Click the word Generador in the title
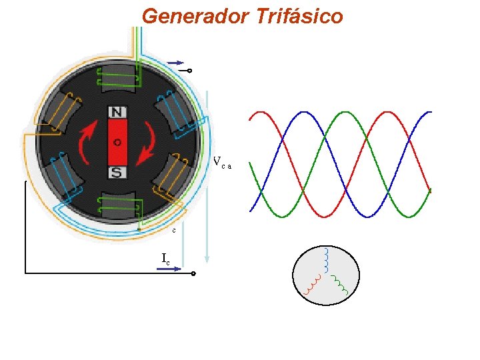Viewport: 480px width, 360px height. pyautogui.click(x=194, y=15)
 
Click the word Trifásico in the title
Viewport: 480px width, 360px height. pyautogui.click(x=299, y=15)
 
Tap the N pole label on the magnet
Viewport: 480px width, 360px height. pyautogui.click(x=118, y=112)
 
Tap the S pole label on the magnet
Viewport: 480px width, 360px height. pyautogui.click(x=117, y=173)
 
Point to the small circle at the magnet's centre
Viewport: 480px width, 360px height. pyautogui.click(x=117, y=142)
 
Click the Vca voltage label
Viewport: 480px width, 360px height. pyautogui.click(x=222, y=162)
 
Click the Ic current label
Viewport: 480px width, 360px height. pyautogui.click(x=165, y=258)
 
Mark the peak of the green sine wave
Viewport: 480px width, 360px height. pyautogui.click(x=347, y=112)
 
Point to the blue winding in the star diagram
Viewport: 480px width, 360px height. pyautogui.click(x=326, y=257)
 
